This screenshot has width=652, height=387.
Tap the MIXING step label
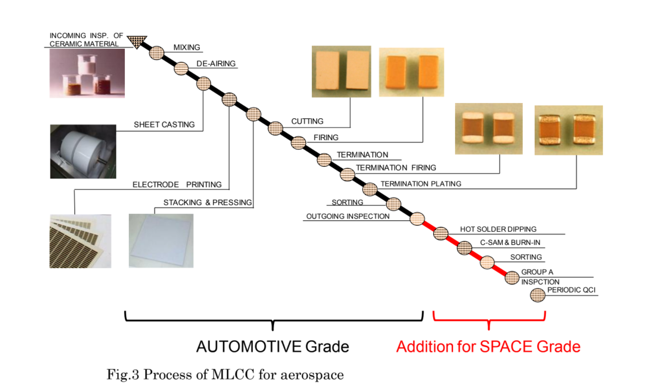click(186, 48)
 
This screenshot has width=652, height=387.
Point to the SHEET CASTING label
click(164, 125)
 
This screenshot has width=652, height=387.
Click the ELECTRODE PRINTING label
click(177, 185)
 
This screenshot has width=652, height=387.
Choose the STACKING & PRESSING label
click(207, 203)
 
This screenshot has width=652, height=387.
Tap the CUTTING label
click(307, 121)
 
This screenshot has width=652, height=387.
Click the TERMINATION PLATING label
click(421, 184)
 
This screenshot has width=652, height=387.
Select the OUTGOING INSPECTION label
click(348, 217)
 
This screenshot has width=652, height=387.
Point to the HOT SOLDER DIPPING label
click(498, 229)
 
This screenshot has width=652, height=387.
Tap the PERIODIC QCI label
click(571, 290)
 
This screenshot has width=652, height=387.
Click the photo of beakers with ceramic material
click(87, 73)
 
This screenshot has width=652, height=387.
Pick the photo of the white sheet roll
click(83, 151)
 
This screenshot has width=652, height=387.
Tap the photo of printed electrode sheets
click(80, 241)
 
